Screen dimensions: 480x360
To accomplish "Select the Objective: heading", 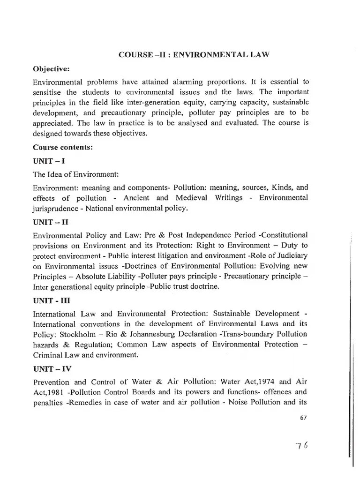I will (x=51, y=69).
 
